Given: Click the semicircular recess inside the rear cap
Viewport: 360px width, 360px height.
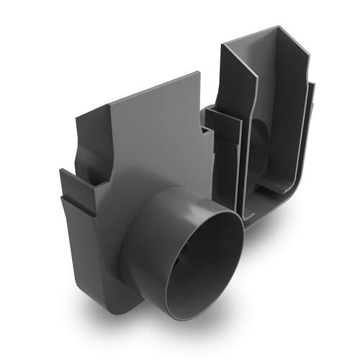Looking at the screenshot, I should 257,144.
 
